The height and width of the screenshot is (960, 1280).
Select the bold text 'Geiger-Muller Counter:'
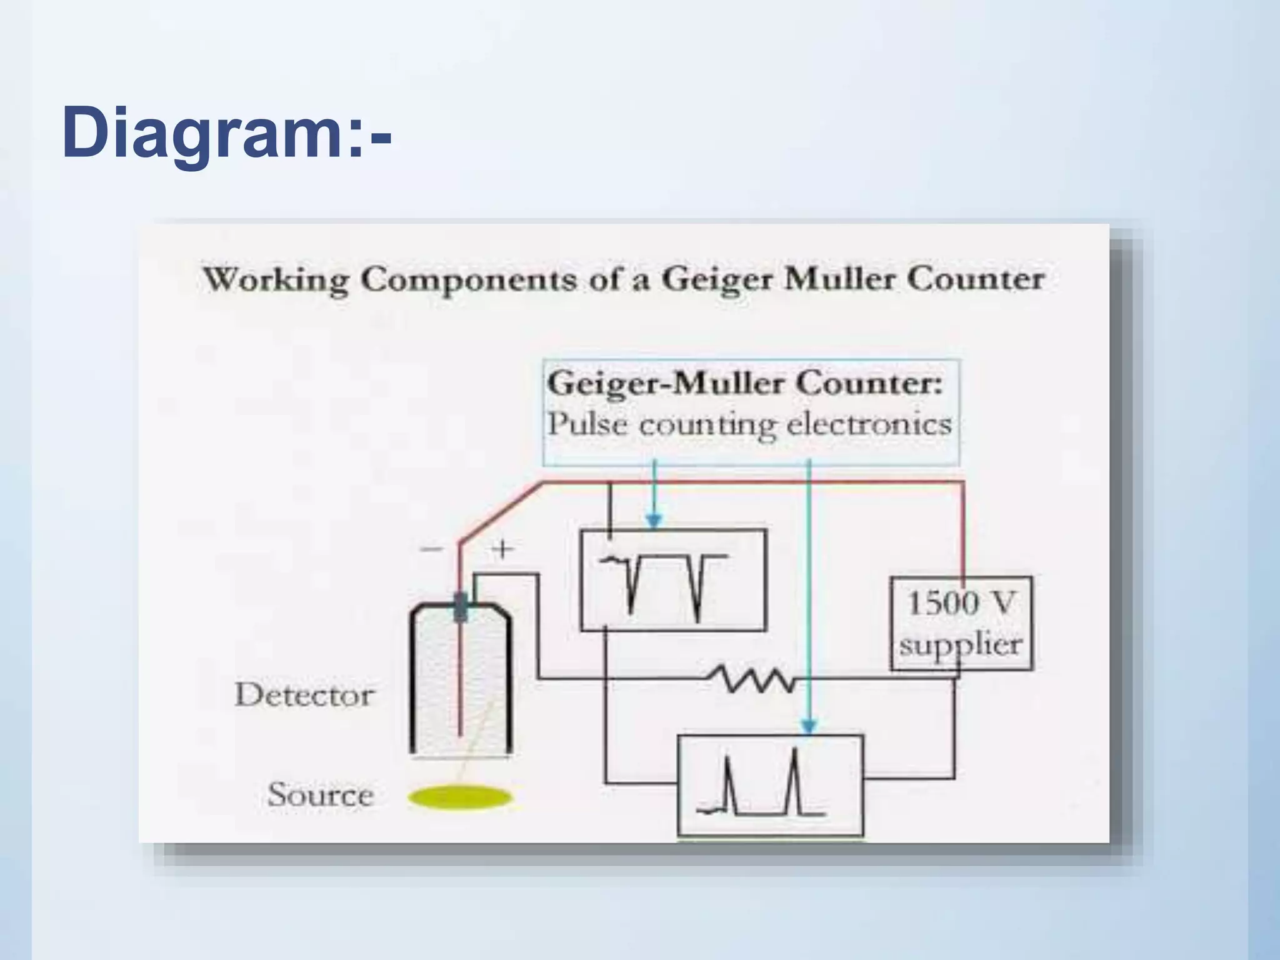pos(744,383)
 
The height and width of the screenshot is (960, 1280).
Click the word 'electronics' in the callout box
pos(869,424)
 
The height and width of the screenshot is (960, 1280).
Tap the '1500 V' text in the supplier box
pos(961,604)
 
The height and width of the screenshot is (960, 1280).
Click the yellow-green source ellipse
pos(460,797)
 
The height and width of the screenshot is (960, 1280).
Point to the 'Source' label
pos(321,795)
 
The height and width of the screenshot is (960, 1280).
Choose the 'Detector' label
pos(304,695)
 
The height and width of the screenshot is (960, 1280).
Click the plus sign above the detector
pos(502,549)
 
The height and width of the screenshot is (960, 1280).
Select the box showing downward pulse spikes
pos(673,580)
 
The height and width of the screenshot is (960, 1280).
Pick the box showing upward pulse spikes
pos(771,786)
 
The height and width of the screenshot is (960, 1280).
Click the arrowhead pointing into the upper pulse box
pos(654,521)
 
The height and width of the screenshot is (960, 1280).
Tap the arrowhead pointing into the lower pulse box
pos(809,726)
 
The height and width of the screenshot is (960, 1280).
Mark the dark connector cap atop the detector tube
pos(461,606)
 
